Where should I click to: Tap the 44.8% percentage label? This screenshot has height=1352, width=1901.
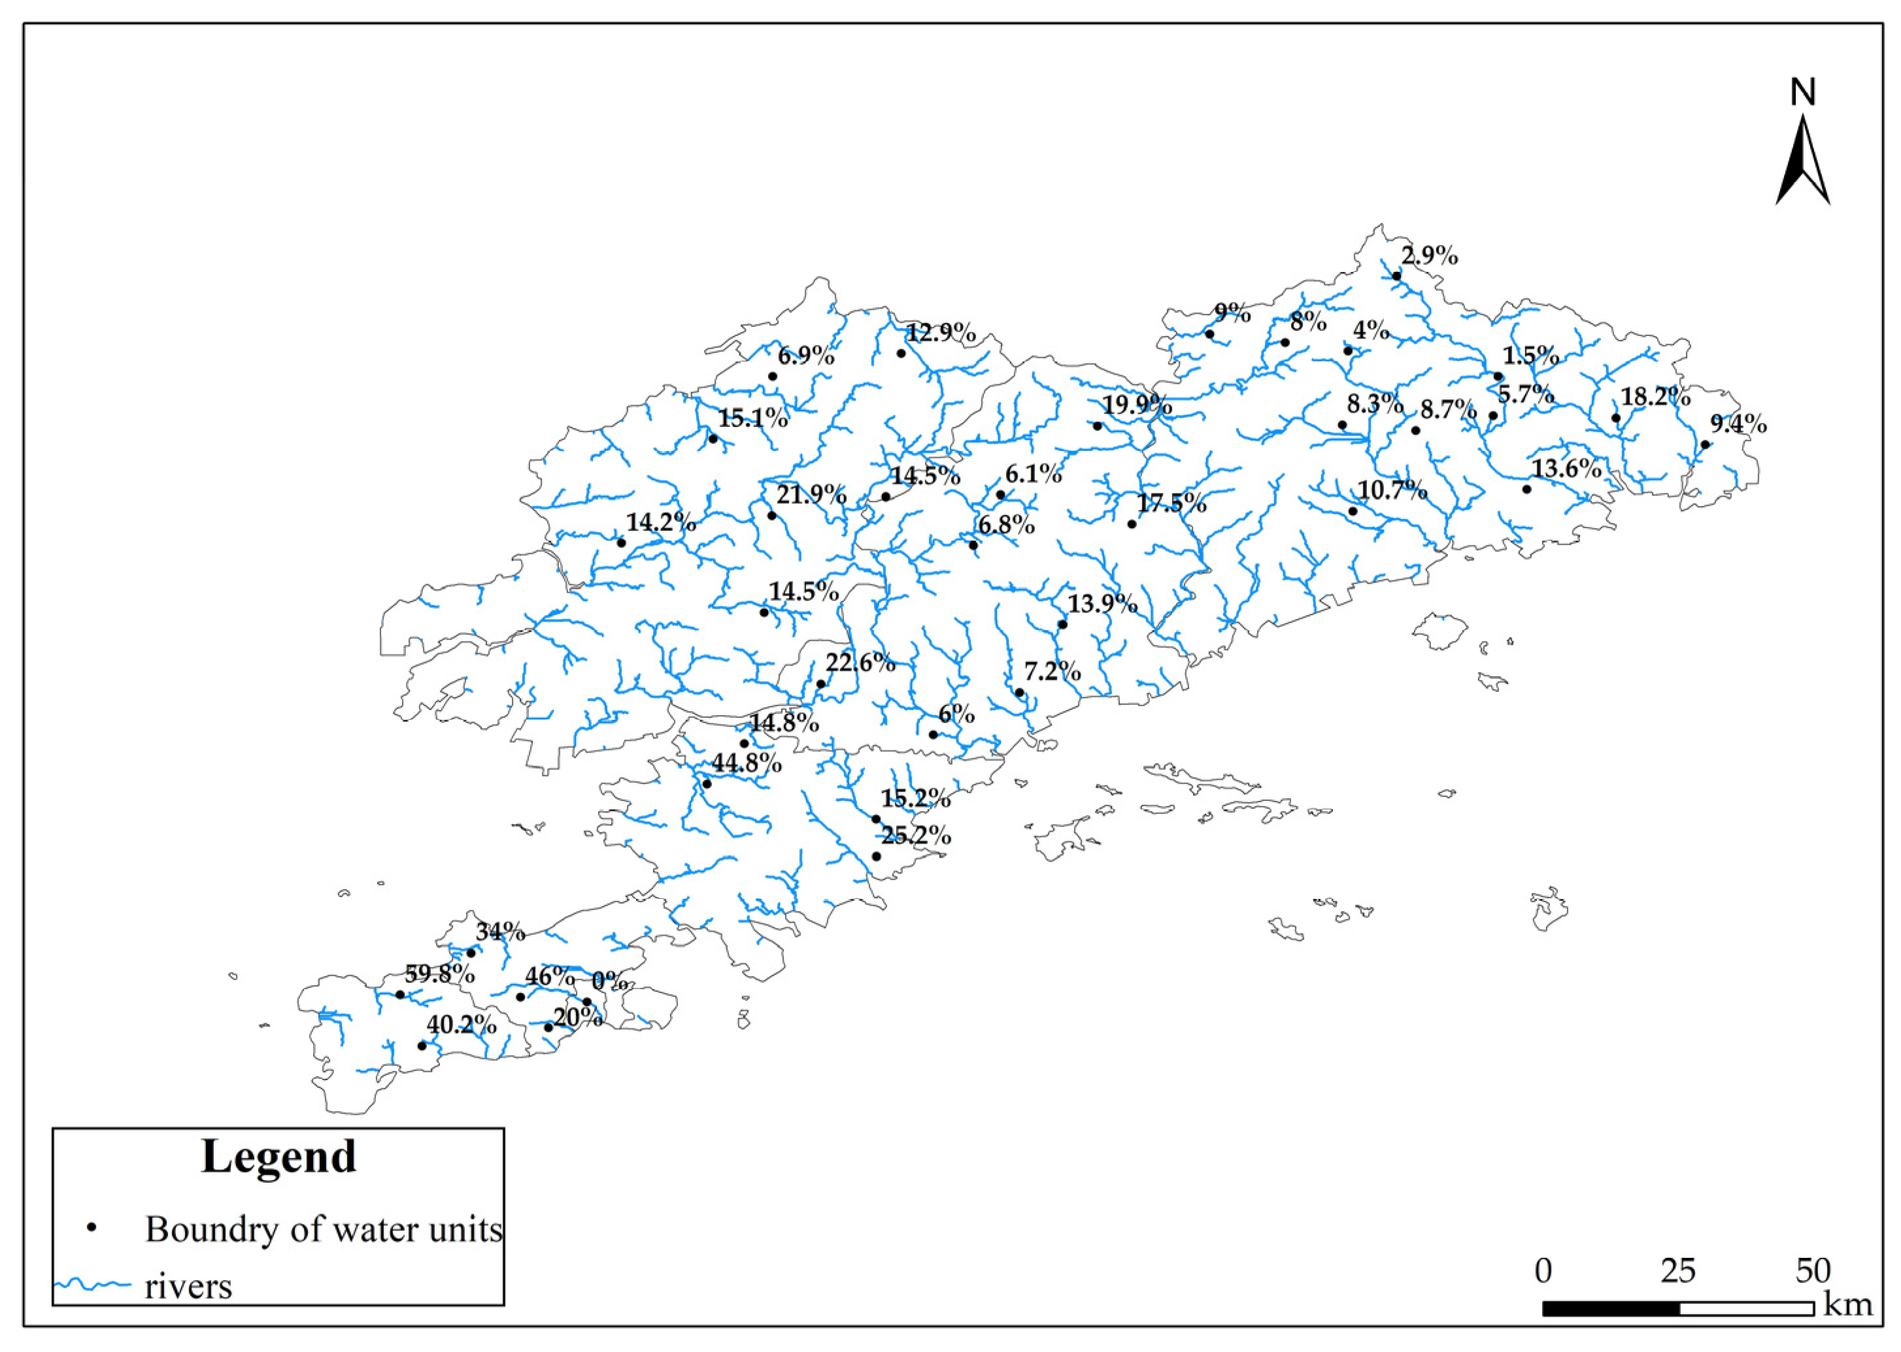[746, 762]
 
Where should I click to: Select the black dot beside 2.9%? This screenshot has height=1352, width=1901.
[1396, 275]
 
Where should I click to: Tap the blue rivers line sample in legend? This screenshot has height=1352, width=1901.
[92, 1285]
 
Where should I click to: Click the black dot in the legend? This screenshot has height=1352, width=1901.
[93, 1228]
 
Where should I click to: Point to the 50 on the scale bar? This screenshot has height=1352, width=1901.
[1812, 1271]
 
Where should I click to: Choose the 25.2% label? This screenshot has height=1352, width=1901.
[916, 836]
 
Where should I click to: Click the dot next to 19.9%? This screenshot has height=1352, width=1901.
[1097, 426]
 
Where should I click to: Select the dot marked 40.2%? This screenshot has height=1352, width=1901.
[422, 1045]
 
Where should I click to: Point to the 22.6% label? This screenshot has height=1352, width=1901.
[860, 664]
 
